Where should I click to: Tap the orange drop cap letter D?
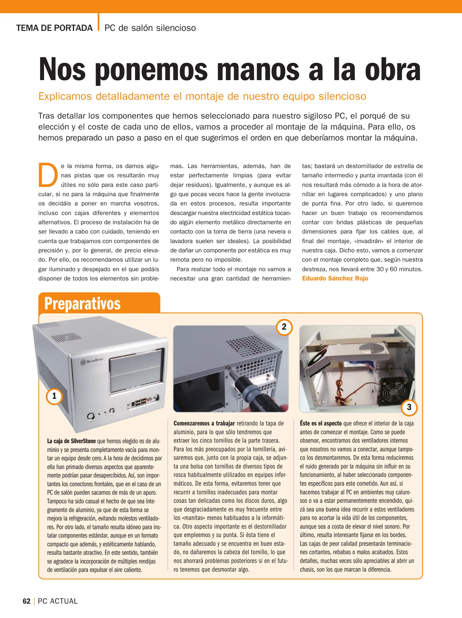tap(48, 175)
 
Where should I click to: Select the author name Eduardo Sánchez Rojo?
tap(335, 278)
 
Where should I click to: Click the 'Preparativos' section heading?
tap(82, 304)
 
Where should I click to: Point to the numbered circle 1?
tap(54, 396)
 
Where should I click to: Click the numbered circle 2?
tap(284, 327)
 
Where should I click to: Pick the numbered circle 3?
tap(409, 407)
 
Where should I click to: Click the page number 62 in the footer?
tap(27, 601)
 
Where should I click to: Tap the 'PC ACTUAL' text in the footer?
tap(58, 601)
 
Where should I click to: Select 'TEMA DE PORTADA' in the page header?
tap(54, 28)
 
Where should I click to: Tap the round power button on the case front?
tap(91, 415)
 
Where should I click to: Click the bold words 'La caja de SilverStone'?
tap(71, 441)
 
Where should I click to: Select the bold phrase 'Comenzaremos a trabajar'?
tap(204, 423)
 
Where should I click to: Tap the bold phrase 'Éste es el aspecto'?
tap(320, 423)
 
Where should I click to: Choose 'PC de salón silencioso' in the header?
tap(150, 28)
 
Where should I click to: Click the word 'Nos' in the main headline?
tap(62, 70)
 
